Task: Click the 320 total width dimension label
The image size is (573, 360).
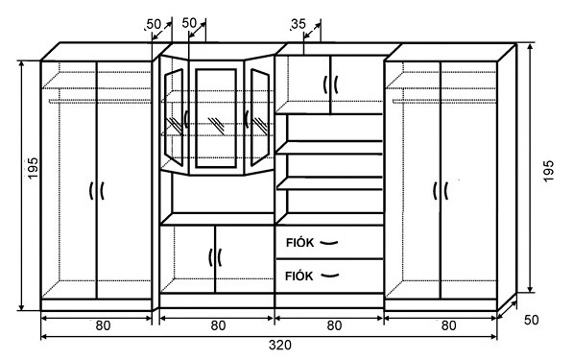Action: pos(280,345)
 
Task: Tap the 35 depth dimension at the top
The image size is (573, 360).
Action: pos(298,24)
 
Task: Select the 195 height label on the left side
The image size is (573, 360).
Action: pos(33,168)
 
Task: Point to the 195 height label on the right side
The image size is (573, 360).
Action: pos(548,171)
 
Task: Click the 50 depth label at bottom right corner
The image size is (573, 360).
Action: pos(532,321)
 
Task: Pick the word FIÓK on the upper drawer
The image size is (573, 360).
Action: pos(299,243)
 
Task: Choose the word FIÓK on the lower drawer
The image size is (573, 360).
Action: pos(298,276)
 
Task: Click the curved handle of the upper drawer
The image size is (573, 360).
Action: pos(329,242)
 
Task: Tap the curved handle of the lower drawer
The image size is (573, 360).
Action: pos(329,276)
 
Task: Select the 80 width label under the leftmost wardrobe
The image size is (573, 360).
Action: pos(103,325)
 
